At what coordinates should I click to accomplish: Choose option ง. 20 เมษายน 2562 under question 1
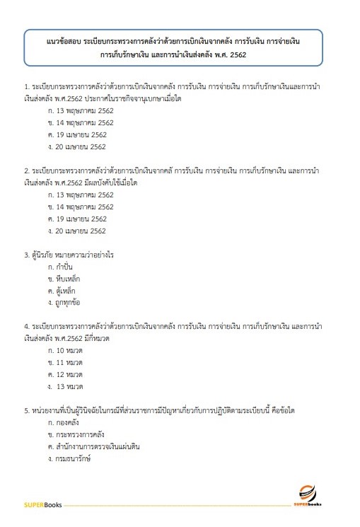tap(76, 146)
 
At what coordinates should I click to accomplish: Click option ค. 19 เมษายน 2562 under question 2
tap(76, 219)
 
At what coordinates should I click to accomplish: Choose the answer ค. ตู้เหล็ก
tap(62, 291)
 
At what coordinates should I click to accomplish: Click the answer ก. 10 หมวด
tap(65, 350)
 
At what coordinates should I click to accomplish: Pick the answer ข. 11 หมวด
tap(65, 362)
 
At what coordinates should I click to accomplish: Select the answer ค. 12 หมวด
tap(65, 374)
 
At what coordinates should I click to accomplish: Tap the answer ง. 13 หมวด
tap(66, 387)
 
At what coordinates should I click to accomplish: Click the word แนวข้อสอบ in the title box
tap(62, 42)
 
